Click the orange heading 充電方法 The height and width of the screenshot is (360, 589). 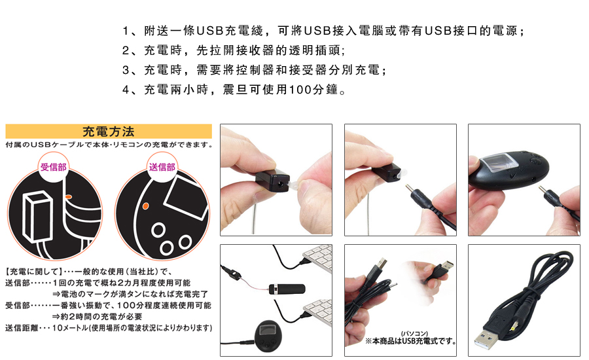pos(108,132)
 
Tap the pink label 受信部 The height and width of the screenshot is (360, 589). pos(54,167)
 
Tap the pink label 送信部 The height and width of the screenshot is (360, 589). pos(162,167)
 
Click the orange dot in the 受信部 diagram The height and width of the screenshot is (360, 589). pos(68,196)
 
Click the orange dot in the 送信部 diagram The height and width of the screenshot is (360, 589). pos(146,206)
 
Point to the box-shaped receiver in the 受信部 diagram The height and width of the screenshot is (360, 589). pos(37,216)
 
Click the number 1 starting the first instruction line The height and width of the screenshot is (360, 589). pos(126,31)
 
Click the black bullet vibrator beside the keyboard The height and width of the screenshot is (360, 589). pos(287,289)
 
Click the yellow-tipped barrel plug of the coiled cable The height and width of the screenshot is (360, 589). pos(514,326)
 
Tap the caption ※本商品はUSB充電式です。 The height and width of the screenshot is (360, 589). pos(411,341)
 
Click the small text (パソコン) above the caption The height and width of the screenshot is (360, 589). pos(415,334)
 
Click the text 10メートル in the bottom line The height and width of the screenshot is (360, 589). pos(69,328)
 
